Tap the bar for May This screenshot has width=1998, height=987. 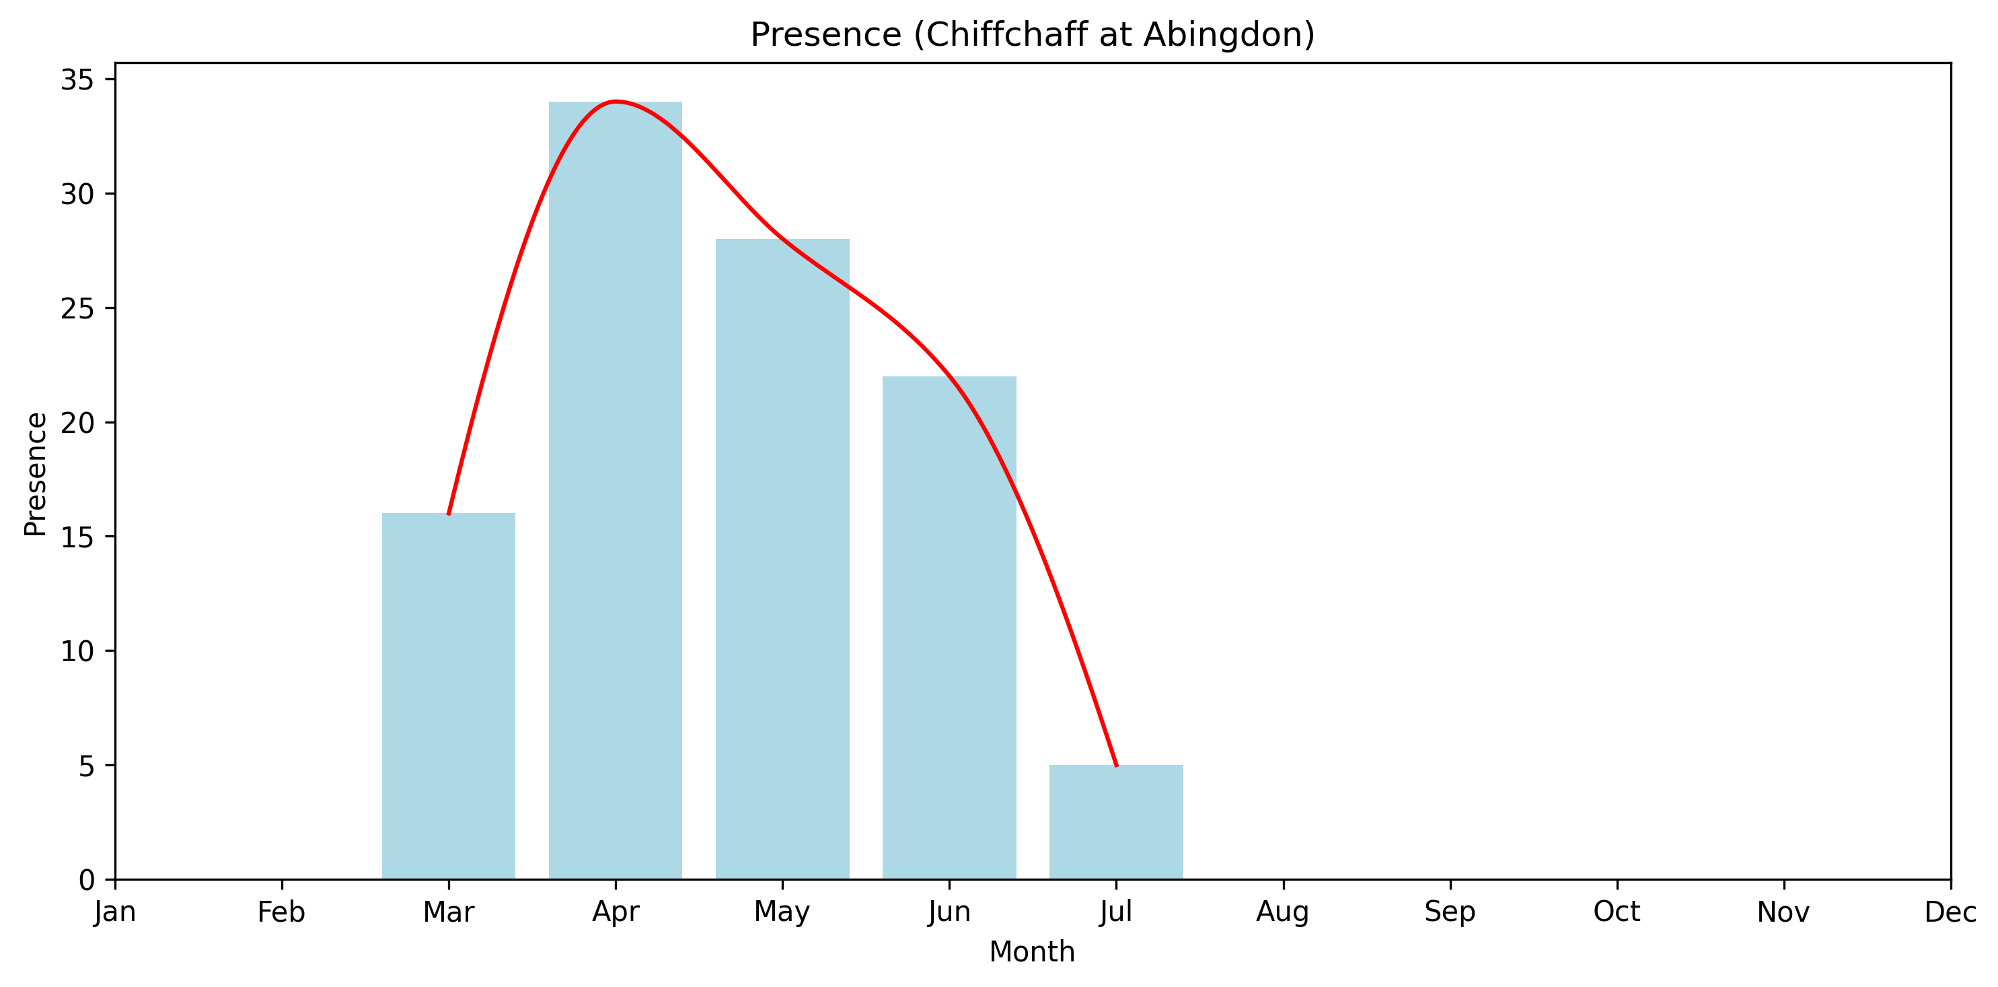[782, 559]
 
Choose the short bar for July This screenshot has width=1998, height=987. [1116, 822]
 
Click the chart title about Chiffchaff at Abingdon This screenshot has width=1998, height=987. [1033, 35]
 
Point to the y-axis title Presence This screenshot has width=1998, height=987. [36, 474]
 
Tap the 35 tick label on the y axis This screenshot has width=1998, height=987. [77, 80]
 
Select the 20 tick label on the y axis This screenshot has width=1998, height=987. [77, 423]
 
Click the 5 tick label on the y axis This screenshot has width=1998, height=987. [86, 767]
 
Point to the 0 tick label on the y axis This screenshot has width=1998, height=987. [86, 880]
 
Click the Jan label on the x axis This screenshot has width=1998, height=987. [115, 912]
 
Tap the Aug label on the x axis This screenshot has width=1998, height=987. [1283, 912]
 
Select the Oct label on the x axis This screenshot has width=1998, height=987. [1617, 912]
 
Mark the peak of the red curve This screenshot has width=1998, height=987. [615, 101]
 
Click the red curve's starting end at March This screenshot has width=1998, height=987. [448, 514]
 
